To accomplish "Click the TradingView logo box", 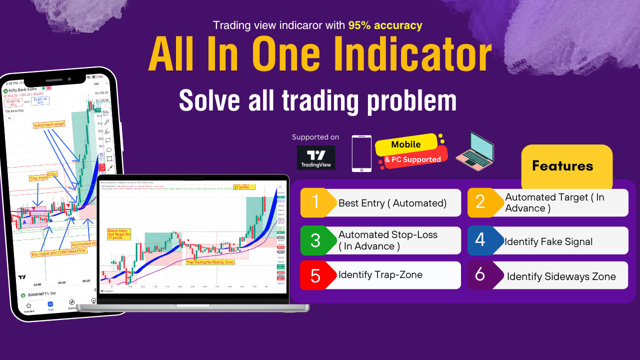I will [315, 157].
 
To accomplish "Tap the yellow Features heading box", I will [566, 166].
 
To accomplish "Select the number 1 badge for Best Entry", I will [316, 202].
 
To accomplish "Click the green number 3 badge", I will [316, 240].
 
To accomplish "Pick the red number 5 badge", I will [315, 275].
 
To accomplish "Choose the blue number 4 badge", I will [480, 240].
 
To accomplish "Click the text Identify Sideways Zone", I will [561, 276].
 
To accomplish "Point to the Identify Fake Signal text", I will [548, 241].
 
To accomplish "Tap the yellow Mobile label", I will [405, 144].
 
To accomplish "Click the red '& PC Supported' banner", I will [413, 159].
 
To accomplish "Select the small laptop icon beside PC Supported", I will [474, 151].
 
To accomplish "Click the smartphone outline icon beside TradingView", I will [361, 153].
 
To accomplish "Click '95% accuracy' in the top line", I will [385, 25].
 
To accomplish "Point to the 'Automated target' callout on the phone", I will [49, 125].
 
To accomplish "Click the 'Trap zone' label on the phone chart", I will [38, 178].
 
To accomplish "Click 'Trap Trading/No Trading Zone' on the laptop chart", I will [209, 262].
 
